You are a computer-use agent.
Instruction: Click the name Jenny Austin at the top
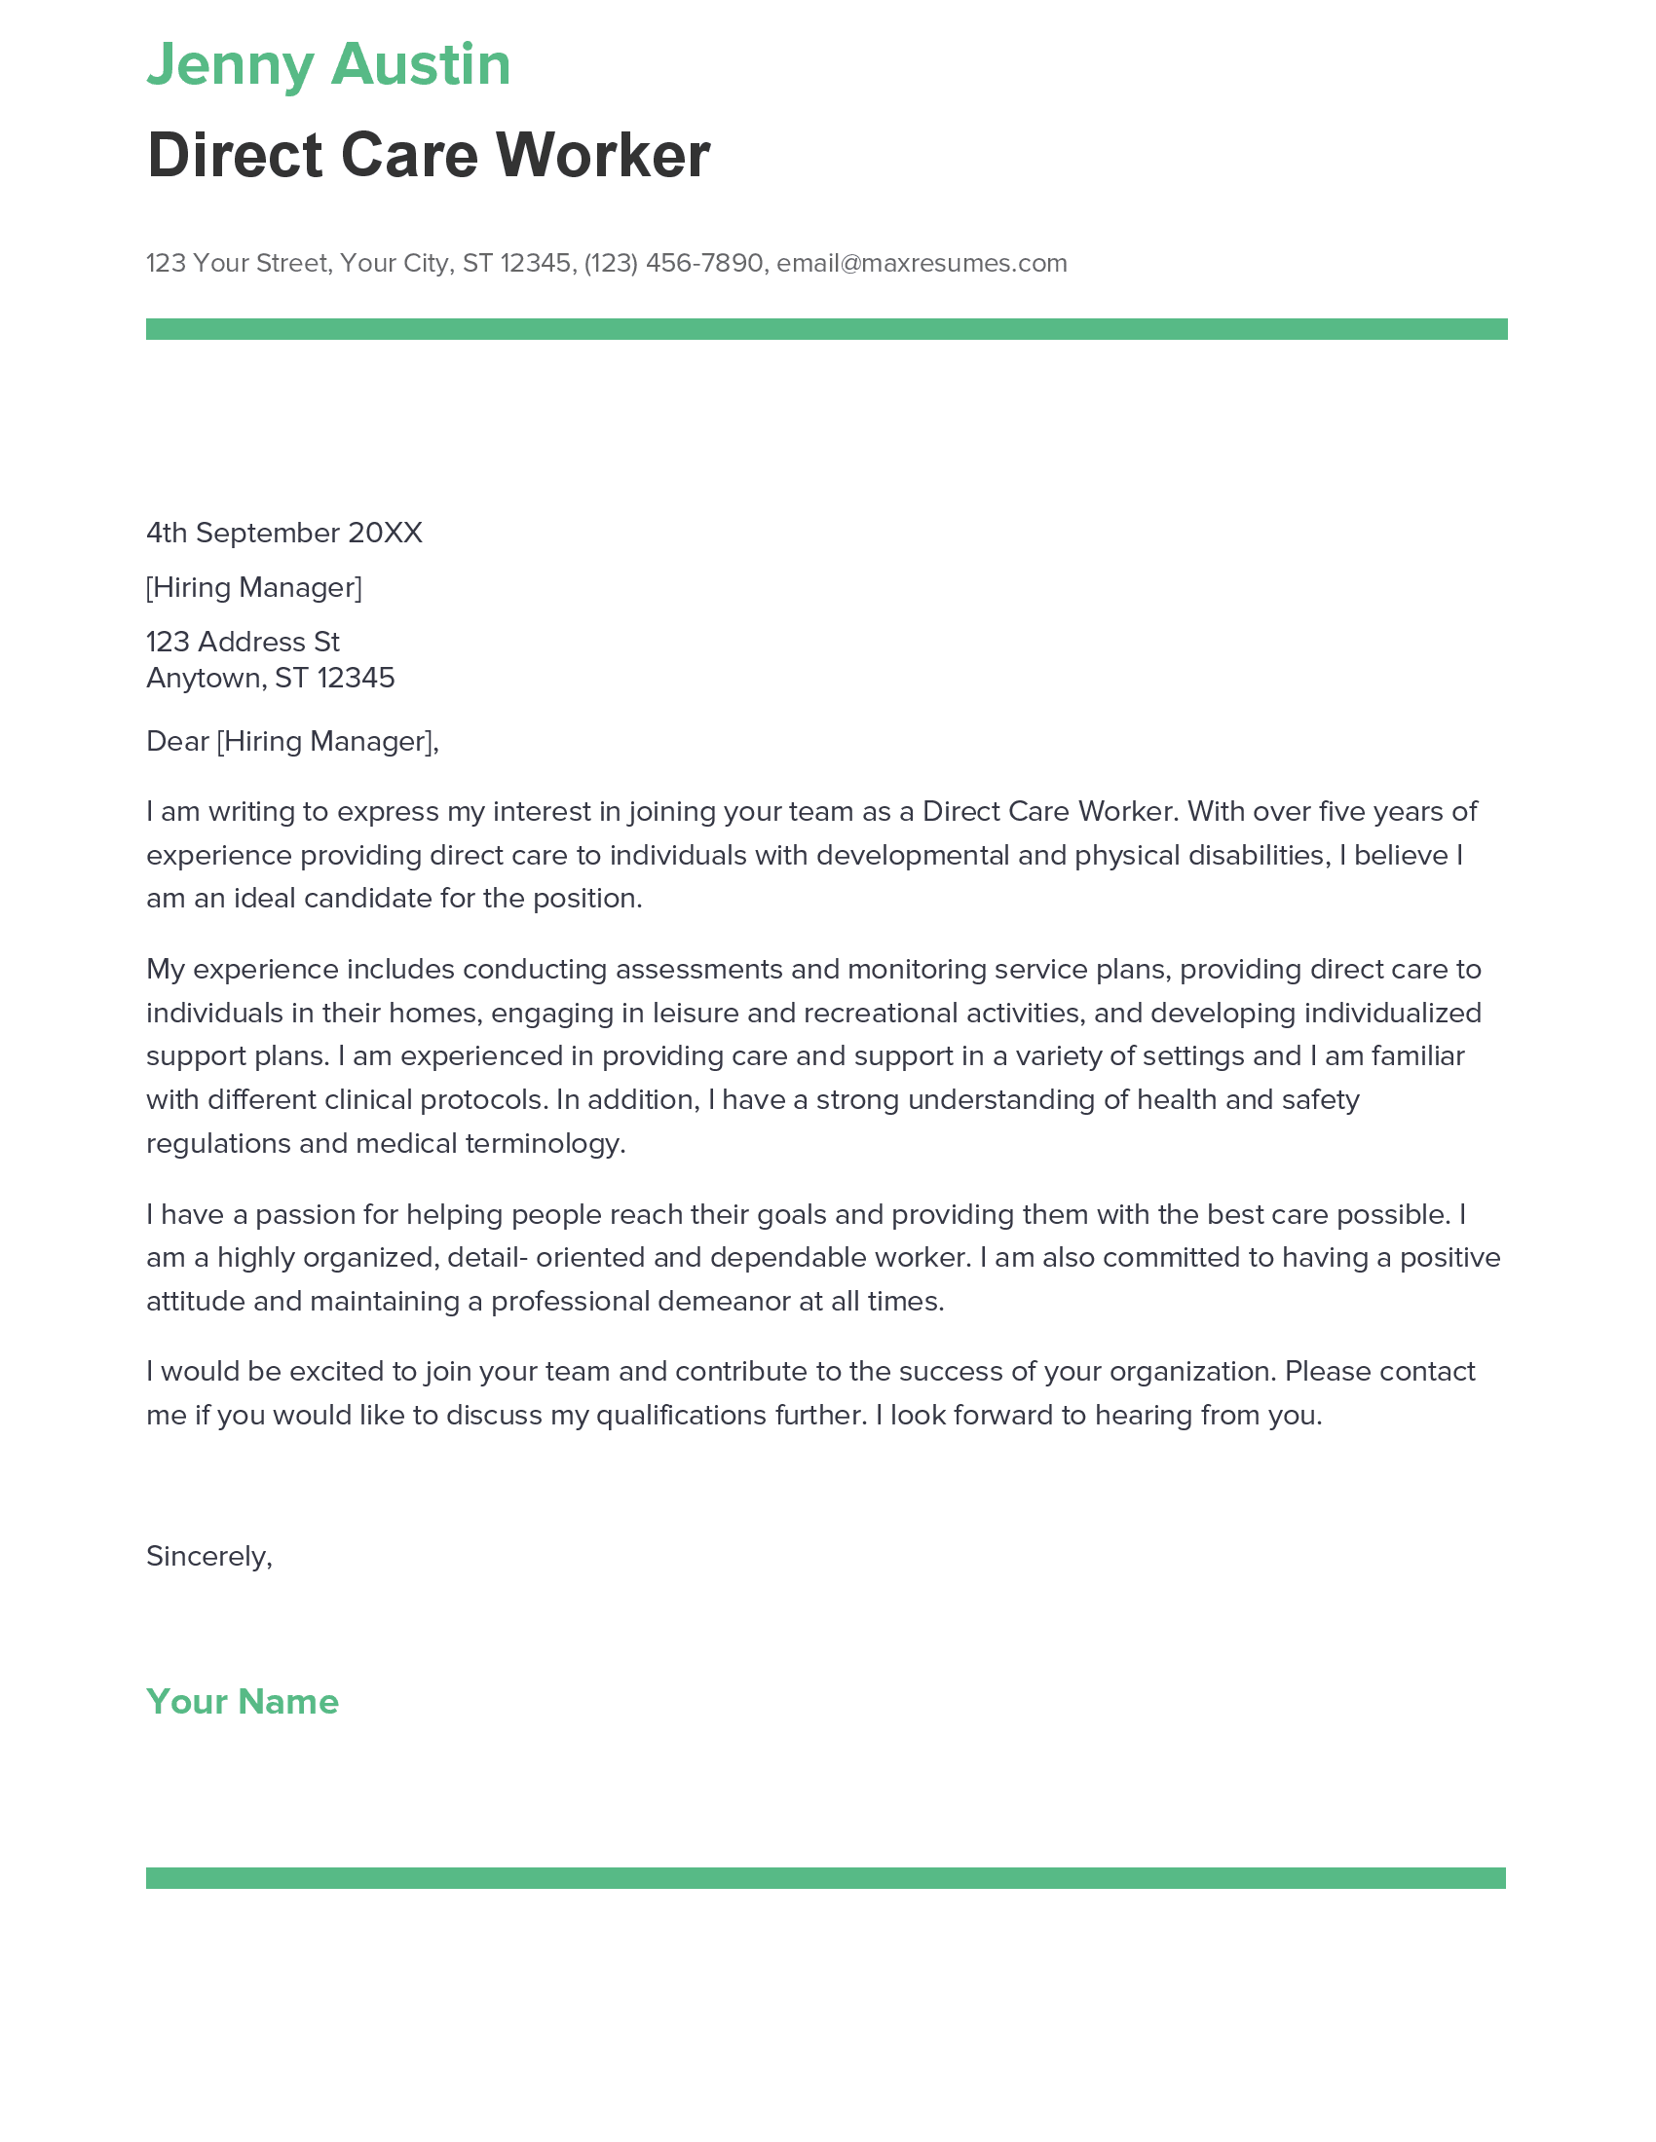pyautogui.click(x=327, y=64)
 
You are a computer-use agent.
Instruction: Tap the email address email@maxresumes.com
pyautogui.click(x=922, y=263)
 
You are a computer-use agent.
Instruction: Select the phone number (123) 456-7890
pyautogui.click(x=673, y=263)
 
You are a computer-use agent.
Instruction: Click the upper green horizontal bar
pyautogui.click(x=826, y=329)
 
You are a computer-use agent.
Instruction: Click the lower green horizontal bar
pyautogui.click(x=826, y=1877)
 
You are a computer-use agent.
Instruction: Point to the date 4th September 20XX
pyautogui.click(x=283, y=533)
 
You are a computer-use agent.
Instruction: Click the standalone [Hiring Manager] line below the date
pyautogui.click(x=254, y=587)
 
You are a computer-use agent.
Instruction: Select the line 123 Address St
pyautogui.click(x=243, y=642)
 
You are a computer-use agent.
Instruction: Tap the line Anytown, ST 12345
pyautogui.click(x=270, y=678)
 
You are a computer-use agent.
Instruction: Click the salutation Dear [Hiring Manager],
pyautogui.click(x=292, y=742)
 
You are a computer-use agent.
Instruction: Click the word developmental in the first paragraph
pyautogui.click(x=913, y=855)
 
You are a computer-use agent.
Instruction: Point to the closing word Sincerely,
pyautogui.click(x=209, y=1557)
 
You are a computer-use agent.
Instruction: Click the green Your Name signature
pyautogui.click(x=243, y=1702)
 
